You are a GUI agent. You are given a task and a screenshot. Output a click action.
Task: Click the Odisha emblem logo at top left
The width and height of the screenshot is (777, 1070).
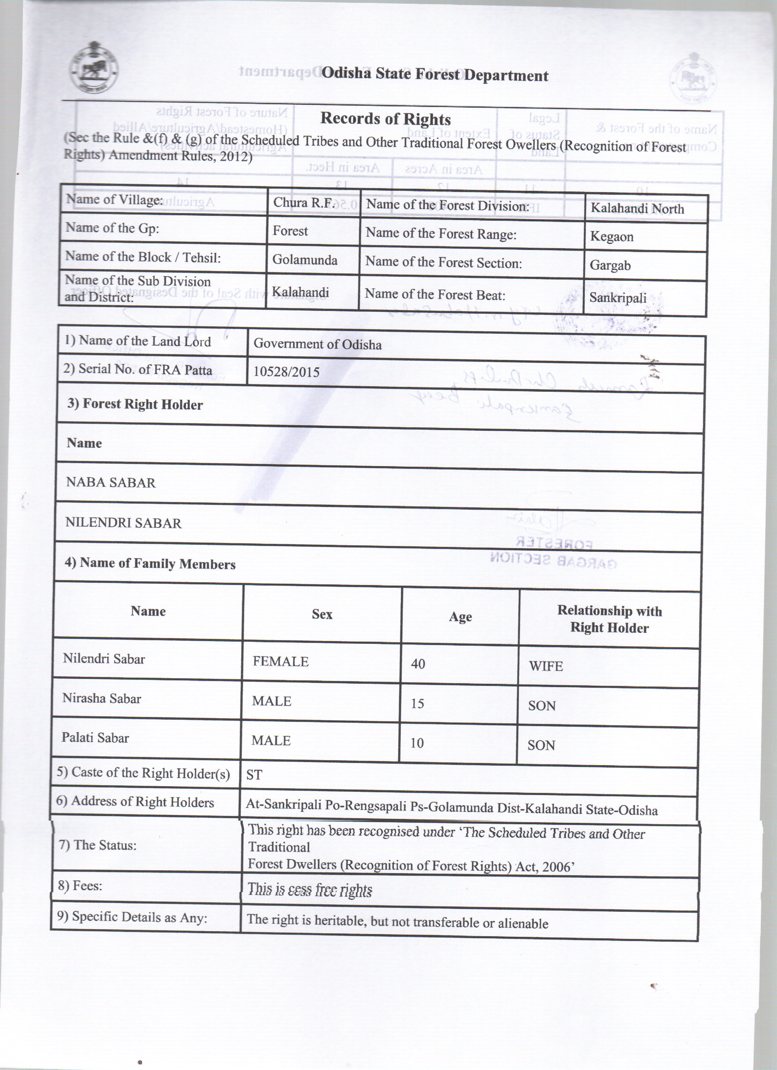pyautogui.click(x=94, y=71)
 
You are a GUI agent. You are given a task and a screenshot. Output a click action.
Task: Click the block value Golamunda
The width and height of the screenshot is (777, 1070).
pyautogui.click(x=305, y=260)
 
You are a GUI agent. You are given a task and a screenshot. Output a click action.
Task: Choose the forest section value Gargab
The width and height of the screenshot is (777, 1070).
pyautogui.click(x=610, y=265)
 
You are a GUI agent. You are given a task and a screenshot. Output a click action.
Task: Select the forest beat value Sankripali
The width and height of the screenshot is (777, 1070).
pyautogui.click(x=618, y=298)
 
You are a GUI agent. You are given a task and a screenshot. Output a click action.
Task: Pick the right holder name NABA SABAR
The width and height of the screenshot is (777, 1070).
pyautogui.click(x=111, y=483)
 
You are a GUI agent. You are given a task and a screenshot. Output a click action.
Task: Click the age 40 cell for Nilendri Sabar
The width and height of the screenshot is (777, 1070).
pyautogui.click(x=418, y=664)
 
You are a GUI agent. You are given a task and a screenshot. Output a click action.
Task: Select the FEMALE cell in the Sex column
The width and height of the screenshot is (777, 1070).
pyautogui.click(x=281, y=662)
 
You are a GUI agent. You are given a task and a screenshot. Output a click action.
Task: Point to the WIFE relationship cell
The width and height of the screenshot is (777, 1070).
pyautogui.click(x=546, y=666)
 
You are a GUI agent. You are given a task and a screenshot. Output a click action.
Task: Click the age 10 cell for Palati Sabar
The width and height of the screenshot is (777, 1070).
pyautogui.click(x=417, y=743)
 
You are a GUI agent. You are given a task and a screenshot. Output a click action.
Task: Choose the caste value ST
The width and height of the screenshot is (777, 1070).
pyautogui.click(x=254, y=775)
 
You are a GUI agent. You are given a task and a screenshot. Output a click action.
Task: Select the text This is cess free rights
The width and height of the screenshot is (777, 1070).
pyautogui.click(x=310, y=890)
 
